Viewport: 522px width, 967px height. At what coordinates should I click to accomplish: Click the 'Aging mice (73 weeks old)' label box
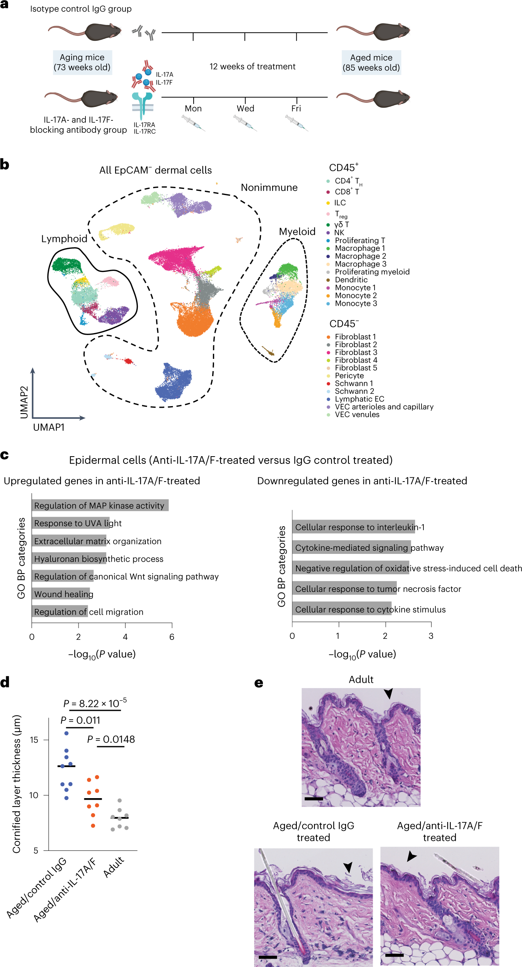tap(82, 62)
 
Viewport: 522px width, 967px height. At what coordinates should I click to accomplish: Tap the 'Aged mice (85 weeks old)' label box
tap(371, 62)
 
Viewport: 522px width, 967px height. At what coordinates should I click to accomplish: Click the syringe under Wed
tap(245, 123)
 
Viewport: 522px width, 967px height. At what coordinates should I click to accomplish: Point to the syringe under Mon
tap(193, 123)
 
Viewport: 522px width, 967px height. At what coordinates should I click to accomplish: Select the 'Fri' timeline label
tap(296, 108)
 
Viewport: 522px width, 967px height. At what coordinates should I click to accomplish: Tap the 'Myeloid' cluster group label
tap(297, 232)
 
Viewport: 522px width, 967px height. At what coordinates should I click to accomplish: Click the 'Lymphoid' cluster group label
tap(64, 239)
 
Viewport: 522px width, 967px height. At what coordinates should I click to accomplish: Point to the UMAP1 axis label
tap(49, 427)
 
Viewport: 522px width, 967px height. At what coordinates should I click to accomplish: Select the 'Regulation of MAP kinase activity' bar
tap(100, 505)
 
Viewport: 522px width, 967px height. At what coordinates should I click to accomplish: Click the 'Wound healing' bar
tap(61, 594)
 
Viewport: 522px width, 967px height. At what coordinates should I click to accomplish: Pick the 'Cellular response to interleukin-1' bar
tap(353, 527)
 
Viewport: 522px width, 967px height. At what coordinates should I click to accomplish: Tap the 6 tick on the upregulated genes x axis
tap(172, 637)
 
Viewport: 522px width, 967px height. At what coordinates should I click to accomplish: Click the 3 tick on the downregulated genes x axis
tap(431, 636)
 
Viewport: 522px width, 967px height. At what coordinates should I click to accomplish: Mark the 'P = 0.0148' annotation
tap(111, 739)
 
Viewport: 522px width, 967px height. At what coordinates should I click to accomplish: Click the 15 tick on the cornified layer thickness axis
tap(34, 740)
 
